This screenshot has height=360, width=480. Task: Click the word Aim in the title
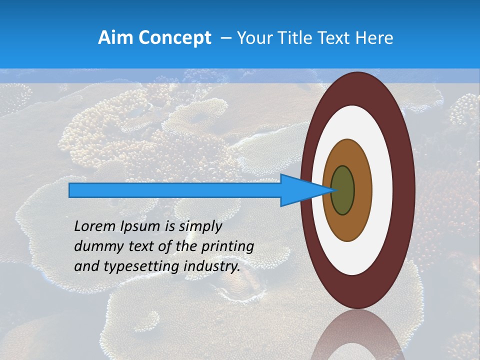point(115,38)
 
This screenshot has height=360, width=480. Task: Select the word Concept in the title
point(174,38)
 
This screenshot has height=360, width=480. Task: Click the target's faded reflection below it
point(357,335)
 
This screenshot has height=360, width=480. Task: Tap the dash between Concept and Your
point(225,38)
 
